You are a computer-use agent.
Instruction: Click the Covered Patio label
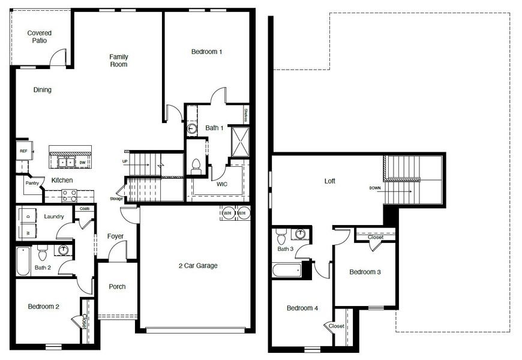(40, 37)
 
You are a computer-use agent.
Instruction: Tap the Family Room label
(118, 61)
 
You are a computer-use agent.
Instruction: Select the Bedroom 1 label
(207, 52)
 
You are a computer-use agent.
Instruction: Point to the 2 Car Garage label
(198, 266)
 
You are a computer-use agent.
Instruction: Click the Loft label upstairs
(330, 181)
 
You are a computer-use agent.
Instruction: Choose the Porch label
(117, 287)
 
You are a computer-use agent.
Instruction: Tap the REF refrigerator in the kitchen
(23, 151)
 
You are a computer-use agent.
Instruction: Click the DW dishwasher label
(82, 162)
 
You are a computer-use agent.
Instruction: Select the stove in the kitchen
(68, 194)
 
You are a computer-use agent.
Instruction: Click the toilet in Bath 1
(195, 166)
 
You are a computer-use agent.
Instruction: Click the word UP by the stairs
(125, 161)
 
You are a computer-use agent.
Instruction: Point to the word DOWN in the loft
(375, 188)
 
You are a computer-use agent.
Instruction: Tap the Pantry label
(31, 183)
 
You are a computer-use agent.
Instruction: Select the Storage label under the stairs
(116, 199)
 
